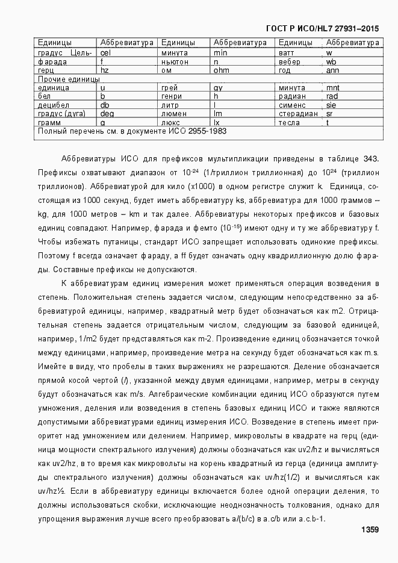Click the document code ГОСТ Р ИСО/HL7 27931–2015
point(322,28)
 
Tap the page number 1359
point(369,529)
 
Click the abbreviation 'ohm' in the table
point(221,70)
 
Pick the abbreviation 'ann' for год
point(332,70)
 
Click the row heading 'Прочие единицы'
point(69,79)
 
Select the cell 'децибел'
point(53,105)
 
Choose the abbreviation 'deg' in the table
point(107,113)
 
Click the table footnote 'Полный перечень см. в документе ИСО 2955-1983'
point(132,131)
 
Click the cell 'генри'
point(172,96)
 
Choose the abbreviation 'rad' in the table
point(332,96)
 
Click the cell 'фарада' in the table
point(52,61)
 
